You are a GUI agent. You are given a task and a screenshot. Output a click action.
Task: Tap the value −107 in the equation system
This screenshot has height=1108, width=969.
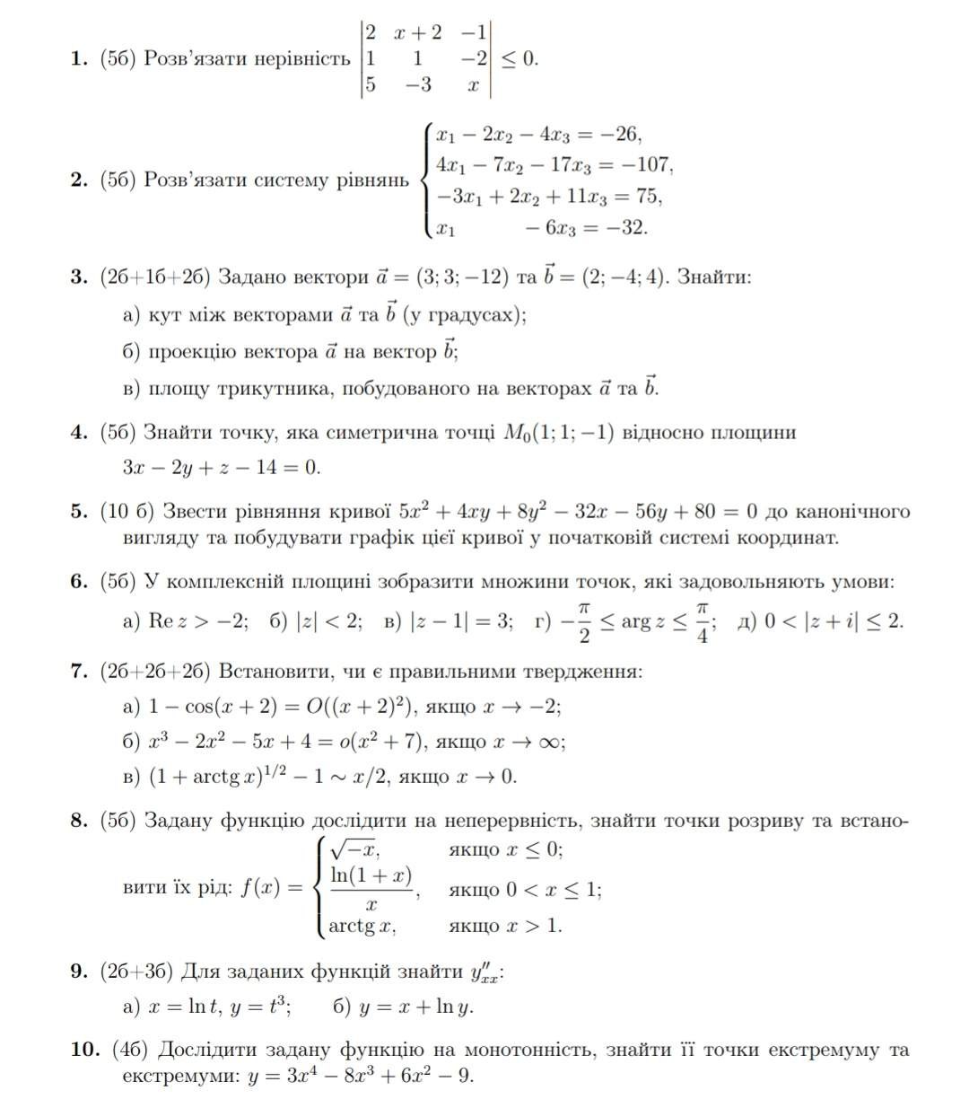pos(650,165)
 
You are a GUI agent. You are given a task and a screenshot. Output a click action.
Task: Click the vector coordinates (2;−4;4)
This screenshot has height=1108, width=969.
pos(624,276)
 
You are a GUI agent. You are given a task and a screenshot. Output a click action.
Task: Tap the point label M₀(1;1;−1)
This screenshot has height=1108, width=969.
pos(557,433)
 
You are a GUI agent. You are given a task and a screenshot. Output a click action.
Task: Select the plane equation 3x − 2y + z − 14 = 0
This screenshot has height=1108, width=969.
pos(221,467)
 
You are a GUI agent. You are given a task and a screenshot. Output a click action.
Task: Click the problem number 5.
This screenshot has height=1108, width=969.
pos(77,512)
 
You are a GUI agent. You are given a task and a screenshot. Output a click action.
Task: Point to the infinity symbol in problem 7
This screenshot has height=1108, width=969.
pos(551,741)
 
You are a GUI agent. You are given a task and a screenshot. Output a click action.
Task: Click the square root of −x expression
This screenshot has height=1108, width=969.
pos(355,849)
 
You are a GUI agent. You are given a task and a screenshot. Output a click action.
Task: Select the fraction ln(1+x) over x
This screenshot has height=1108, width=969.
pos(371,889)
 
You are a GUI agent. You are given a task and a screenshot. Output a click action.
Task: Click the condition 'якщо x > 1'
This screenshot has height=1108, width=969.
pos(505,926)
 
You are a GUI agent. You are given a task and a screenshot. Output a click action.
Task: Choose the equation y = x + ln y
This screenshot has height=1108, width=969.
pos(415,1007)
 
